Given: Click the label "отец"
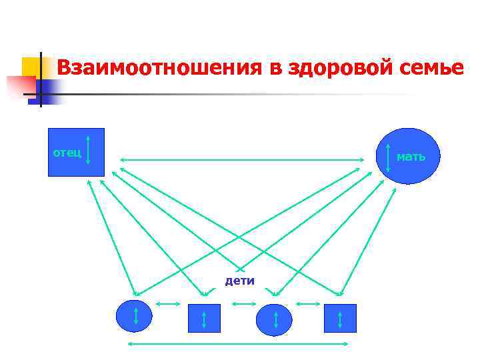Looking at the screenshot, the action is pyautogui.click(x=67, y=153).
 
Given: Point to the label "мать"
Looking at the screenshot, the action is pyautogui.click(x=411, y=157).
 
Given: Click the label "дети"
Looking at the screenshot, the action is pyautogui.click(x=240, y=281).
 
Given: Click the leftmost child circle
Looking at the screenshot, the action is pyautogui.click(x=127, y=316).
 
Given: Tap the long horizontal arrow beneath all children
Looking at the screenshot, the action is pyautogui.click(x=237, y=344).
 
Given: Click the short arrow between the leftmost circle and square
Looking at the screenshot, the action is pyautogui.click(x=167, y=304).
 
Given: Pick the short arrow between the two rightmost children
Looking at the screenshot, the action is pyautogui.click(x=308, y=304).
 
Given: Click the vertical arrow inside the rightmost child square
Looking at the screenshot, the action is pyautogui.click(x=340, y=319).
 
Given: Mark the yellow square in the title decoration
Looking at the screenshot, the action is pyautogui.click(x=31, y=67).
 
